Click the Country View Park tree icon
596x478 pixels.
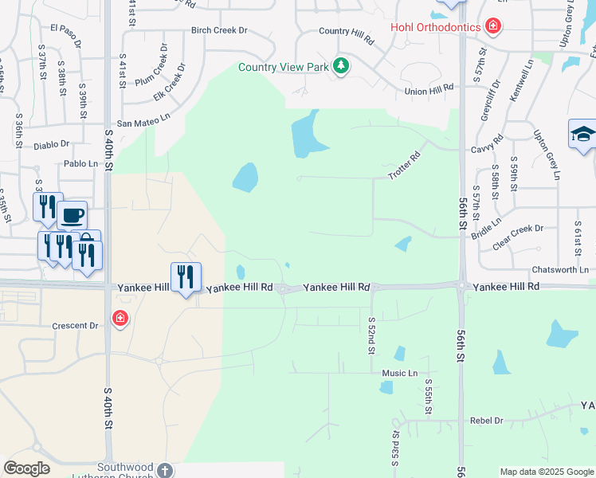(341, 65)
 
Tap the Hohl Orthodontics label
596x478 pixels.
(435, 27)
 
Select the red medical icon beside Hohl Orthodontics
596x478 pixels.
(494, 27)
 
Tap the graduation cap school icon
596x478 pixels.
(582, 134)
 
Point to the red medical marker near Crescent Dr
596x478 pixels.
(120, 319)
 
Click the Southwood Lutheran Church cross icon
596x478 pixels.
(164, 469)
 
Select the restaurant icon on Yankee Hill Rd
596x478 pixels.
(186, 276)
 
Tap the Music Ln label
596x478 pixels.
(399, 373)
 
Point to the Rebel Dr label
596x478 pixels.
(487, 420)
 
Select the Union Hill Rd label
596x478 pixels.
(429, 91)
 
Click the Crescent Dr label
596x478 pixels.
(74, 325)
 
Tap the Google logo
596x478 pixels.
(26, 468)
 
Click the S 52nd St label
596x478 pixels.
(371, 335)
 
